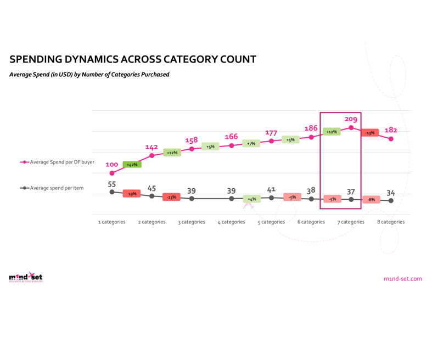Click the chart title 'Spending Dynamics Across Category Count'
pyautogui.click(x=133, y=59)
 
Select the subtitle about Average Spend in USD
pyautogui.click(x=89, y=75)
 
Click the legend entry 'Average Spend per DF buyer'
pyautogui.click(x=57, y=162)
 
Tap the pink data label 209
pyautogui.click(x=351, y=119)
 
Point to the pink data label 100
pyautogui.click(x=111, y=165)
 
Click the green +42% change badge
pyautogui.click(x=132, y=165)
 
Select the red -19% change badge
pyautogui.click(x=132, y=194)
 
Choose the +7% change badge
pyautogui.click(x=251, y=143)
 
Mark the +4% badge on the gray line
pyautogui.click(x=251, y=199)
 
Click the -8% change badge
pyautogui.click(x=371, y=200)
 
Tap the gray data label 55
pyautogui.click(x=111, y=184)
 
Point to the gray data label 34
pyautogui.click(x=390, y=193)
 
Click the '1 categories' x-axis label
pyautogui.click(x=111, y=222)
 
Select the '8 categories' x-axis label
pyautogui.click(x=390, y=222)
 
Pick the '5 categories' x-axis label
pyautogui.click(x=271, y=222)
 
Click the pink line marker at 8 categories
pyautogui.click(x=391, y=139)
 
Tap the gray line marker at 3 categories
pyautogui.click(x=192, y=198)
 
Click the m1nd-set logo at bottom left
pyautogui.click(x=25, y=278)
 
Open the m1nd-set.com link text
pyautogui.click(x=402, y=279)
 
